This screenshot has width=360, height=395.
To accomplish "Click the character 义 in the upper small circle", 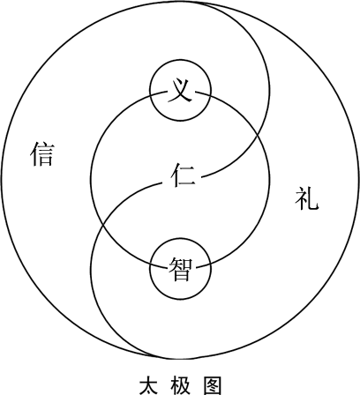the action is point(180,91).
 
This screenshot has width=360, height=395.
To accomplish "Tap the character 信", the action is point(42,154).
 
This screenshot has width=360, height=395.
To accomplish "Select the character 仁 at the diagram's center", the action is point(183,175).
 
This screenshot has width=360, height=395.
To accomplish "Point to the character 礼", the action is point(307,198).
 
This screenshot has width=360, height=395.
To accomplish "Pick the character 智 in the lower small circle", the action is point(180,269).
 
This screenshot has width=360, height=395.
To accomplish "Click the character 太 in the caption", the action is point(148,385).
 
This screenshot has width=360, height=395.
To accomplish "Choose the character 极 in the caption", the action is point(180,385).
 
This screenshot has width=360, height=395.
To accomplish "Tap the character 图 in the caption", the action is point(212,385).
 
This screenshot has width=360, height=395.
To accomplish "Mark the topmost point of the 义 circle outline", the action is point(180,60).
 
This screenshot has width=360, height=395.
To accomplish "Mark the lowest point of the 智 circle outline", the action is point(180,300).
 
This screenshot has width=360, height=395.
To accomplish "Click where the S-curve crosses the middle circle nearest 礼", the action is point(258,134).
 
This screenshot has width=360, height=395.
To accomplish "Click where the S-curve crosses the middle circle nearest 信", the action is point(103,225).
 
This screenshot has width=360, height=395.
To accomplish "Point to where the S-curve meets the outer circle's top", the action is point(188,2).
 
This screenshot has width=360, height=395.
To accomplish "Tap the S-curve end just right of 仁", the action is point(201,177).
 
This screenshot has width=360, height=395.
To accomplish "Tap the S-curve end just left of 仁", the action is point(162,183).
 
